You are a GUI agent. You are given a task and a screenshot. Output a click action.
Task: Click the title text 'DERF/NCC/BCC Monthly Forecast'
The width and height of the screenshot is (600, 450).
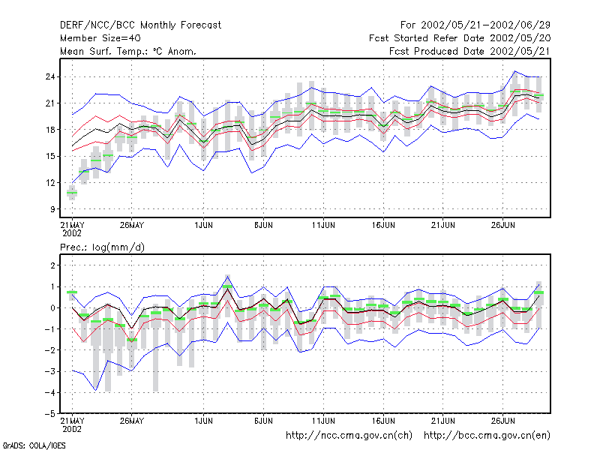pyautogui.click(x=140, y=25)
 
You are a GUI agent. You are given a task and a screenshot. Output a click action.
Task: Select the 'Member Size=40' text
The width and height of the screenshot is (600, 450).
pyautogui.click(x=100, y=38)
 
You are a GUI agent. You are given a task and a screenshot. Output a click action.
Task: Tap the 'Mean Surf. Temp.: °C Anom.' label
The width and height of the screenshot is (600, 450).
pyautogui.click(x=127, y=51)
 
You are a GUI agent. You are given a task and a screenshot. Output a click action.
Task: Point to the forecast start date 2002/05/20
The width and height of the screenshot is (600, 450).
pyautogui.click(x=520, y=38)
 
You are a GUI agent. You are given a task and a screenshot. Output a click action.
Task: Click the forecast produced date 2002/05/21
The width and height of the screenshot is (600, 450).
pyautogui.click(x=520, y=51)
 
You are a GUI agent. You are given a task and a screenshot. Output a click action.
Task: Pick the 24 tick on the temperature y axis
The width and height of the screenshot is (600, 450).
pyautogui.click(x=50, y=77)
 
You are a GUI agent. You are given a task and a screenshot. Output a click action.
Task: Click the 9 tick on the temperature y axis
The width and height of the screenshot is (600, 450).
pyautogui.click(x=52, y=209)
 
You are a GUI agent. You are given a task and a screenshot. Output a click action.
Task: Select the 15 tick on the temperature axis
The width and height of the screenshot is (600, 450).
pyautogui.click(x=50, y=156)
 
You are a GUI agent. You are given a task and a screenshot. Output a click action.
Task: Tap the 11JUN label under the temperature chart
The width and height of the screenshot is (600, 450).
pyautogui.click(x=323, y=226)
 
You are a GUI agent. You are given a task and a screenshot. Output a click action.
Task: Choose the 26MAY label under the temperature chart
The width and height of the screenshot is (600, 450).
pyautogui.click(x=132, y=226)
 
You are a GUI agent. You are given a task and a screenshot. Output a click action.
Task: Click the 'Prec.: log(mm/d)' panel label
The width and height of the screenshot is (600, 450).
pyautogui.click(x=102, y=247)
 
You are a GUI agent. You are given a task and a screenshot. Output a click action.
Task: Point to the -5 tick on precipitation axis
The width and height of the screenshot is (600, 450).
pyautogui.click(x=50, y=414)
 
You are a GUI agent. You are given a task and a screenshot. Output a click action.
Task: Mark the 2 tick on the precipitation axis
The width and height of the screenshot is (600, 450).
pyautogui.click(x=52, y=265)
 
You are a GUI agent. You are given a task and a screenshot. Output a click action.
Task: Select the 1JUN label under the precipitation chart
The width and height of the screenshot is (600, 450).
pyautogui.click(x=203, y=421)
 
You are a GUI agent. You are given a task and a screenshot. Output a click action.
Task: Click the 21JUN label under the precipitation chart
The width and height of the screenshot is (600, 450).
pyautogui.click(x=443, y=421)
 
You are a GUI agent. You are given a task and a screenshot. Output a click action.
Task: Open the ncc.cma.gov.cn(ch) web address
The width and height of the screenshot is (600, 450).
pyautogui.click(x=349, y=436)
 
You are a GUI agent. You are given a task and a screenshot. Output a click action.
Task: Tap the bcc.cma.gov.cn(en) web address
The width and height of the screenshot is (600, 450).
pyautogui.click(x=487, y=436)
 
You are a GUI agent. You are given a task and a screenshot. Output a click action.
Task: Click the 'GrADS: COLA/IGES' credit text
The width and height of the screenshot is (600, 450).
pyautogui.click(x=34, y=445)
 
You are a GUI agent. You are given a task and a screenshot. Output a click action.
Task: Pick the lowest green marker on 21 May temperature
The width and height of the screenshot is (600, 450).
pyautogui.click(x=72, y=193)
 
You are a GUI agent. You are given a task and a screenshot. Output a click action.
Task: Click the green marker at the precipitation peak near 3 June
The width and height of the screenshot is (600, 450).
pyautogui.click(x=227, y=286)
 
